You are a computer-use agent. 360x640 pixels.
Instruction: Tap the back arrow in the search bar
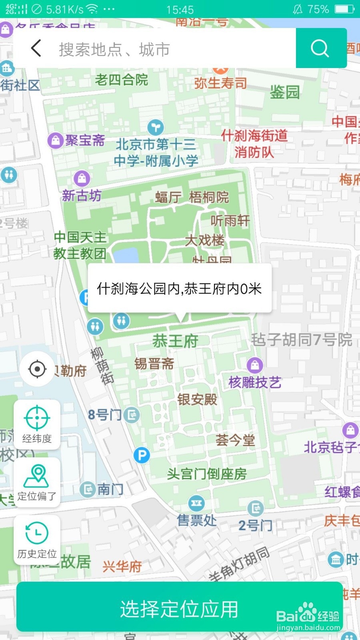click(36, 49)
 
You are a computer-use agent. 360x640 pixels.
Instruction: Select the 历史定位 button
click(37, 540)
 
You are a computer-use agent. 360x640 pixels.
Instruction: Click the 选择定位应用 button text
click(179, 609)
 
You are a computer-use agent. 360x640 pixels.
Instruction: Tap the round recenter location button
click(37, 369)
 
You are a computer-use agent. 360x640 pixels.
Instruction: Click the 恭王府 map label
click(175, 341)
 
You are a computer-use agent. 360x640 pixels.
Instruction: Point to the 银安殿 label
click(197, 399)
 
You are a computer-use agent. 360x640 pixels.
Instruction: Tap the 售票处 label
click(197, 520)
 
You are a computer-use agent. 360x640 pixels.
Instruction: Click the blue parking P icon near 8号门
click(142, 455)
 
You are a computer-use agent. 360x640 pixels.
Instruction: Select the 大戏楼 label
click(205, 240)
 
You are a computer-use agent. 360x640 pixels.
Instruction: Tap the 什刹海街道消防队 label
click(254, 144)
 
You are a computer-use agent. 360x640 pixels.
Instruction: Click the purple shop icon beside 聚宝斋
click(56, 140)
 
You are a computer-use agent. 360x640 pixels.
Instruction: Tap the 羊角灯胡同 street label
click(239, 564)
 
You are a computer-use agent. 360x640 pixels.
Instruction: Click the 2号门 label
click(255, 525)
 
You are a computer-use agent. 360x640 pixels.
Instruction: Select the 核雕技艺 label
click(255, 382)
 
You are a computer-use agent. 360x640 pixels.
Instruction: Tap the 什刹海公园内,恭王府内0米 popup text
click(179, 288)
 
